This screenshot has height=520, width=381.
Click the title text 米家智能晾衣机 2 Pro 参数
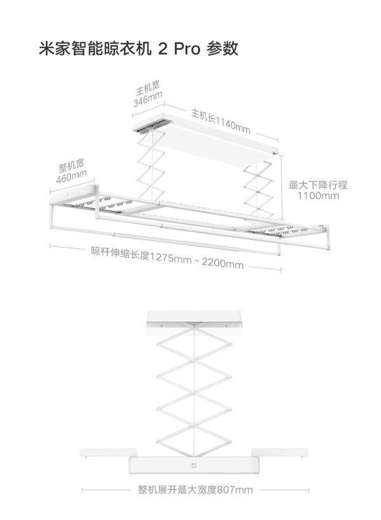tap(138, 49)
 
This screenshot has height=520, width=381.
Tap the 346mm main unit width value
tap(148, 99)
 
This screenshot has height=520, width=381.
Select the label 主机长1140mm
tap(220, 121)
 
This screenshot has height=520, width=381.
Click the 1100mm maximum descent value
tap(318, 196)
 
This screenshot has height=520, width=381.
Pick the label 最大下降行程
tap(318, 185)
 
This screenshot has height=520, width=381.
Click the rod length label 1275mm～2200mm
tap(196, 260)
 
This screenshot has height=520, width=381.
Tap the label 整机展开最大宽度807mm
tap(196, 490)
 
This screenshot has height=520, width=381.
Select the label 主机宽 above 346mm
tap(147, 88)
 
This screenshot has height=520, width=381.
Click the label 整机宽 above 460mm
tap(71, 165)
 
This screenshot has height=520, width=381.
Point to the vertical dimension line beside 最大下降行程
tap(282, 187)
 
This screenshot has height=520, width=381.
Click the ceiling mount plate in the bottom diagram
tap(194, 318)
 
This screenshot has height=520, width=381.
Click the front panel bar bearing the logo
tap(194, 465)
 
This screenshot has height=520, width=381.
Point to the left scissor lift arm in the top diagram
tap(151, 164)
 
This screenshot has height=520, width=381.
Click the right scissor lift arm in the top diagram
tap(258, 189)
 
